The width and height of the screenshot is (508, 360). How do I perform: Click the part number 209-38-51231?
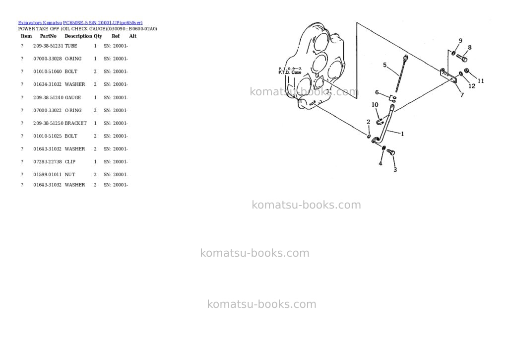(x=48, y=46)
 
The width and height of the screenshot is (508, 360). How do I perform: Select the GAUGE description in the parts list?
(x=73, y=98)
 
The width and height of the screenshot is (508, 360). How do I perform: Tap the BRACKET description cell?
(x=76, y=123)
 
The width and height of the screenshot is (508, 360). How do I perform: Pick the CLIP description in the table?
(x=70, y=162)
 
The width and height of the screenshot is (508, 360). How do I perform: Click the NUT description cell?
(x=70, y=174)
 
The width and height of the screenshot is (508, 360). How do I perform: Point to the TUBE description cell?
(x=71, y=46)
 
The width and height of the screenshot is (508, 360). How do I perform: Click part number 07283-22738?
(x=47, y=162)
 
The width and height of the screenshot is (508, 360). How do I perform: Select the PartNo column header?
(x=48, y=36)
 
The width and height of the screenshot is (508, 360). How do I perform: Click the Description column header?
(x=78, y=36)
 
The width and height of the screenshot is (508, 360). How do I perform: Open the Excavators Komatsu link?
(x=40, y=23)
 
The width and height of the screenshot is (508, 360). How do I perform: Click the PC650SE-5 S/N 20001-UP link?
(x=103, y=23)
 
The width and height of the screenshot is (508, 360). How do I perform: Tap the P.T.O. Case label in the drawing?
(x=290, y=72)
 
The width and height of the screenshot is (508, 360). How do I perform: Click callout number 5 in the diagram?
(x=385, y=65)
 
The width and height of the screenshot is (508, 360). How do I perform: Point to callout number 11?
(x=481, y=81)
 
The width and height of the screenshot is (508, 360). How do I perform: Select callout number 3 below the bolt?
(x=395, y=170)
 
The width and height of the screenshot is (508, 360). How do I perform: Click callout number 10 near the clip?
(x=375, y=105)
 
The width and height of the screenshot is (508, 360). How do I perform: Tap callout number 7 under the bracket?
(x=462, y=95)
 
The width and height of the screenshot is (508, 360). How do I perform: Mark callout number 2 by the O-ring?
(x=369, y=122)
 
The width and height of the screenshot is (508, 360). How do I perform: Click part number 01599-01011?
(x=47, y=174)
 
